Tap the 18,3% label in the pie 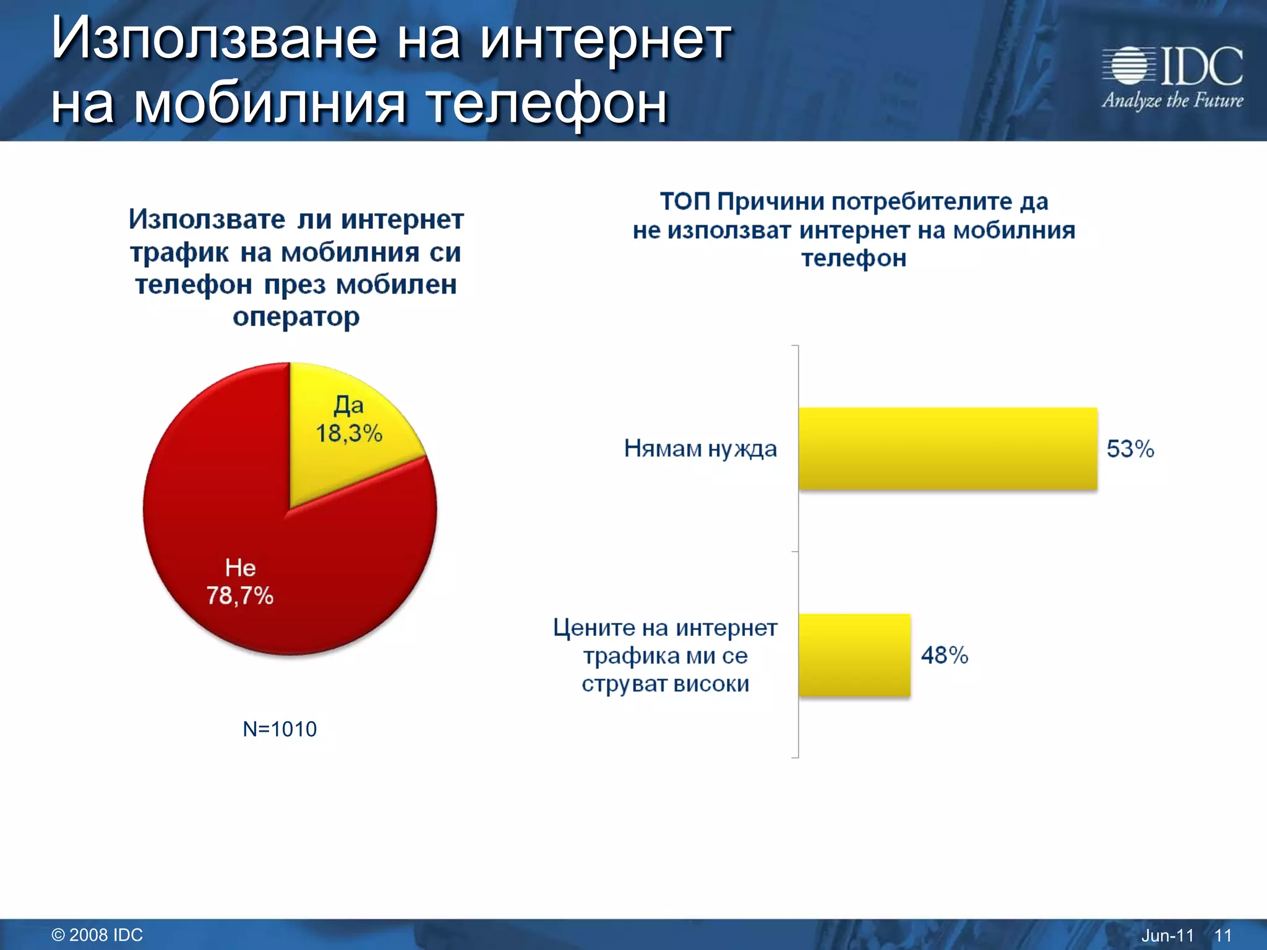pos(349,434)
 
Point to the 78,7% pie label pos(240,596)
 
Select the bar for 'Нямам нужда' pos(947,448)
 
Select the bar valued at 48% pos(854,655)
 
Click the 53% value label pos(1130,449)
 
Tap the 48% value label pos(944,655)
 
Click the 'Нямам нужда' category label pos(700,448)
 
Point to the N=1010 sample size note pos(280,729)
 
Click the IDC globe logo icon pos(1128,66)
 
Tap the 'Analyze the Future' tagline pos(1172,101)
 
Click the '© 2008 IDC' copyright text pos(97,935)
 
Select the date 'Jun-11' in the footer pos(1167,935)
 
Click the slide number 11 pos(1222,935)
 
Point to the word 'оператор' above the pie pos(296,317)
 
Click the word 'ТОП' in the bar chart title pos(685,202)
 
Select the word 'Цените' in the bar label pos(594,628)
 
